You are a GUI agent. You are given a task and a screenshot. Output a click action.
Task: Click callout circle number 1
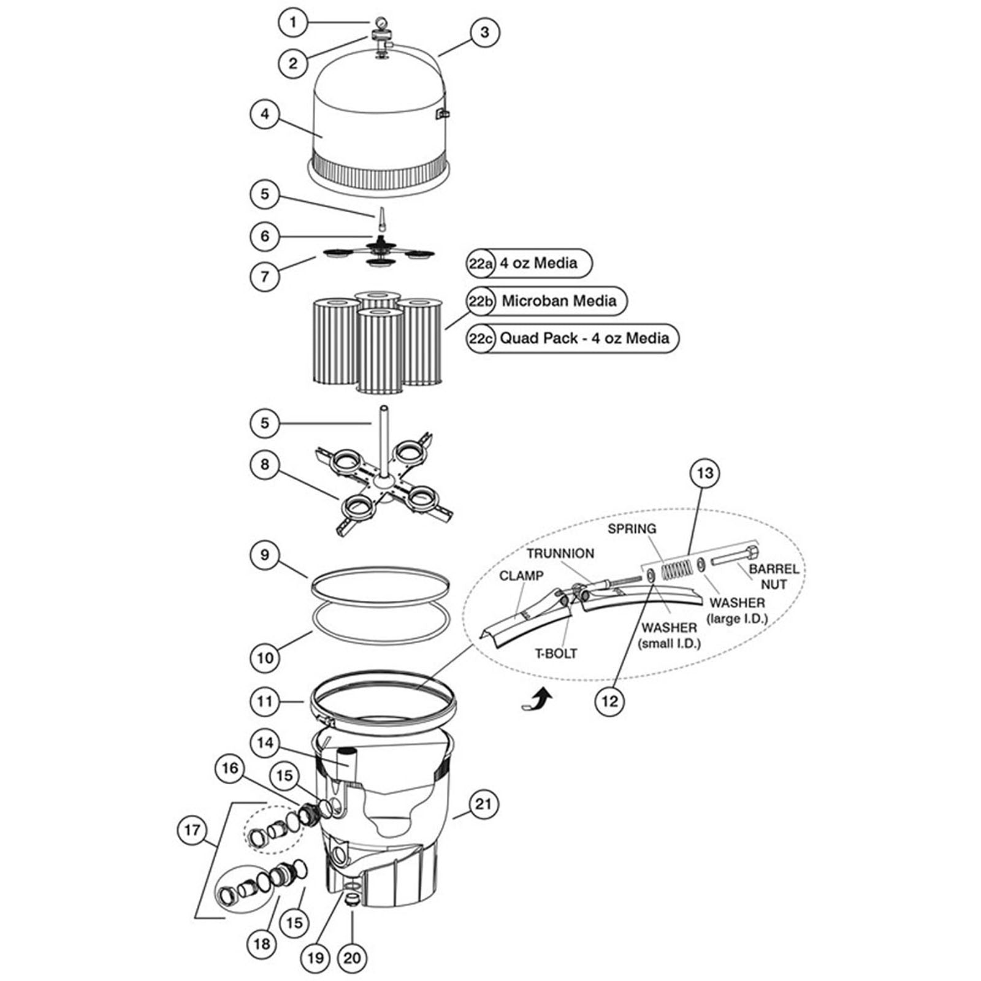coord(293,23)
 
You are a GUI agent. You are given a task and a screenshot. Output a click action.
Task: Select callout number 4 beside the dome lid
coord(265,115)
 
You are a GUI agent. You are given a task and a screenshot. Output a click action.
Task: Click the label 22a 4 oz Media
coord(529,263)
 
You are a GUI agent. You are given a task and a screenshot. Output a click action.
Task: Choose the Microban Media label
coord(547,301)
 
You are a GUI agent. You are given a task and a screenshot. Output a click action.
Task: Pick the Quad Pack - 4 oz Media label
coord(573,338)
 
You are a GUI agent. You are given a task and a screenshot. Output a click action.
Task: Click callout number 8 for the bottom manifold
coord(265,464)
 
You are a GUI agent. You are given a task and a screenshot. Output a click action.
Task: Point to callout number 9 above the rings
coord(265,555)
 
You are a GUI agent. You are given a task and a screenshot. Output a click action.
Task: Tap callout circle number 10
coord(265,658)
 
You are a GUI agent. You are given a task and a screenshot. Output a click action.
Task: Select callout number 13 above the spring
coord(705,473)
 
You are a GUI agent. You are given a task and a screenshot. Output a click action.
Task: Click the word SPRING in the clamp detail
coord(632,529)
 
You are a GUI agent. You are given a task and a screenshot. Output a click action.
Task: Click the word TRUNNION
coord(560,553)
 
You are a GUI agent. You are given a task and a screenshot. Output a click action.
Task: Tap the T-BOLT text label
coord(556,653)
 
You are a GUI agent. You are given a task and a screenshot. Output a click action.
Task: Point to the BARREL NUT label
coord(774,576)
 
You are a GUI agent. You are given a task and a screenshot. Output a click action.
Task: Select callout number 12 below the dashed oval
coord(609,700)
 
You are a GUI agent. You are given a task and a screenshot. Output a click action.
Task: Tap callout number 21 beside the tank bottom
coord(484,804)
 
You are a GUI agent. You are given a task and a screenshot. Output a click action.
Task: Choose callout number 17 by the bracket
coord(192,830)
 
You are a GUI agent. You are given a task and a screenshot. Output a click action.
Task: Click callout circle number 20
coord(352,957)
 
